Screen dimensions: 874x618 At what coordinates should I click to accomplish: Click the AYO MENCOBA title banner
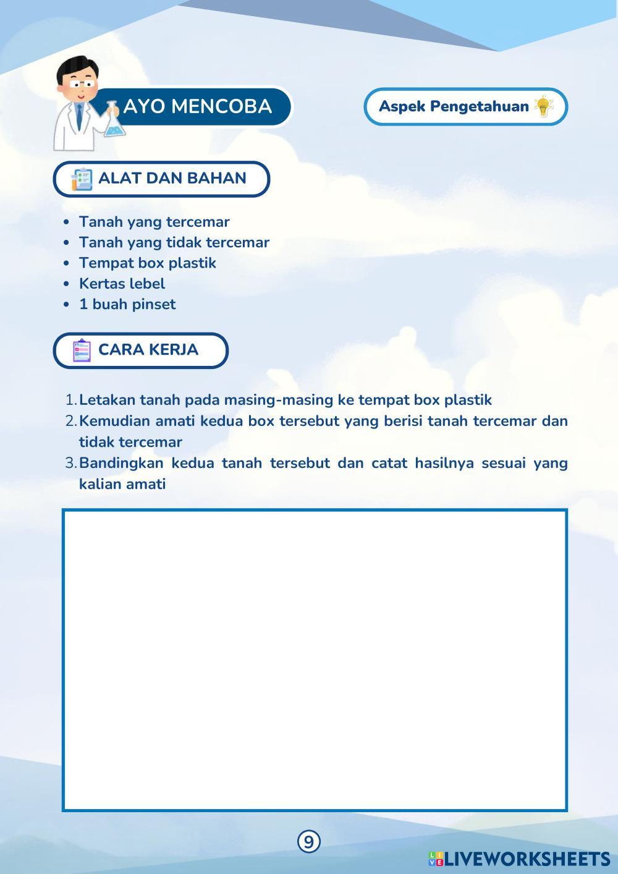pyautogui.click(x=197, y=106)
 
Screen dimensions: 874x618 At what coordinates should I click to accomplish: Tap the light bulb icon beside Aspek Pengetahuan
pyautogui.click(x=543, y=106)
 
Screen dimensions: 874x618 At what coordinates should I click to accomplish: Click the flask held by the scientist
pyautogui.click(x=114, y=122)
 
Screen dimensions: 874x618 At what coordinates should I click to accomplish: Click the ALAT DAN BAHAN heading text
pyautogui.click(x=172, y=178)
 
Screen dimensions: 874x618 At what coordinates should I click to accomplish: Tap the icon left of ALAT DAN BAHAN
pyautogui.click(x=82, y=179)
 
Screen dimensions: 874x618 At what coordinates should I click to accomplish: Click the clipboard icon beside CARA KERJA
pyautogui.click(x=82, y=350)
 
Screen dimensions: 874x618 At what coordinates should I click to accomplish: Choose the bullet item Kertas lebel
pyautogui.click(x=122, y=284)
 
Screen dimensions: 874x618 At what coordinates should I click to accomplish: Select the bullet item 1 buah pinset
pyautogui.click(x=127, y=304)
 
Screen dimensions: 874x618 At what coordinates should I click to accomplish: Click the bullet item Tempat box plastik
pyautogui.click(x=147, y=263)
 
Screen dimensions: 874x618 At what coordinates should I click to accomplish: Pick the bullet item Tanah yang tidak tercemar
pyautogui.click(x=174, y=242)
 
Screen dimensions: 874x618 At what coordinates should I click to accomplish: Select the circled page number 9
pyautogui.click(x=309, y=841)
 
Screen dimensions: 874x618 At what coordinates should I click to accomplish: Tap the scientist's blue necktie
pyautogui.click(x=80, y=115)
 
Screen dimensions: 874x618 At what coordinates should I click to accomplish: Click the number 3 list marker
pyautogui.click(x=70, y=463)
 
